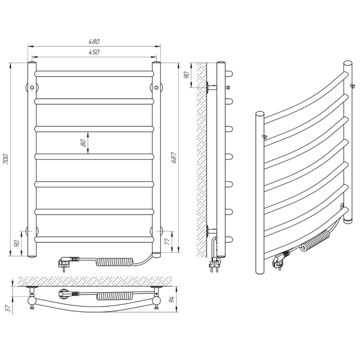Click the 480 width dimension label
[x=94, y=41]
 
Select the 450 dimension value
[x=94, y=52]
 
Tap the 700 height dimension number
[x=6, y=159]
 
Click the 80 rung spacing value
[x=84, y=143]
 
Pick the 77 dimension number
[x=168, y=241]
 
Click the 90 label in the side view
[x=186, y=75]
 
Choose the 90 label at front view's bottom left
[x=16, y=244]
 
